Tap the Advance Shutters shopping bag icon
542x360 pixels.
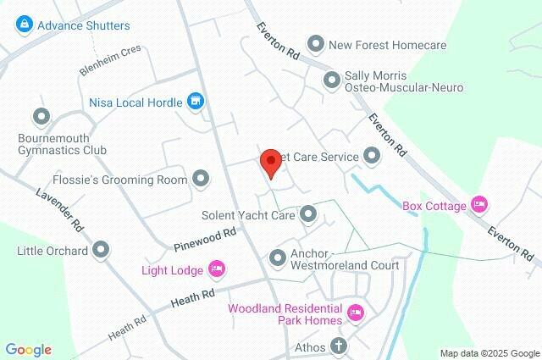coord(24,25)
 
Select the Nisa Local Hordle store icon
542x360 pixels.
coord(196,102)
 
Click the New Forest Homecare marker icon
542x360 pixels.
coord(316,43)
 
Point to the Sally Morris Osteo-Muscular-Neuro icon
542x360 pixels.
coord(332,80)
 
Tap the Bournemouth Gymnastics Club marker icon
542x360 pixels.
coord(40,116)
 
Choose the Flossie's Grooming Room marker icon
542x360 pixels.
coord(201,179)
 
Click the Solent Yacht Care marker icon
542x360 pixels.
coord(308,215)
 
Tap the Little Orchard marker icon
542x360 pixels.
coord(102,250)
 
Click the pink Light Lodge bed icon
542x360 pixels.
coord(216,270)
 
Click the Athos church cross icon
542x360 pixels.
coord(339,346)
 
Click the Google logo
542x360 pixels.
coord(28,350)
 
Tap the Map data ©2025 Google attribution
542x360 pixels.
coord(489,353)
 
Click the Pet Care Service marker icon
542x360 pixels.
coord(371,156)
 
